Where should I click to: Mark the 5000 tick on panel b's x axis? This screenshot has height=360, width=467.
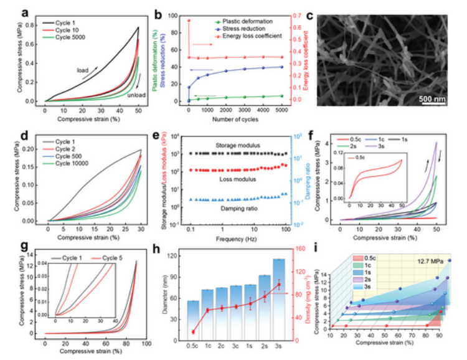coord(283,110)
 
